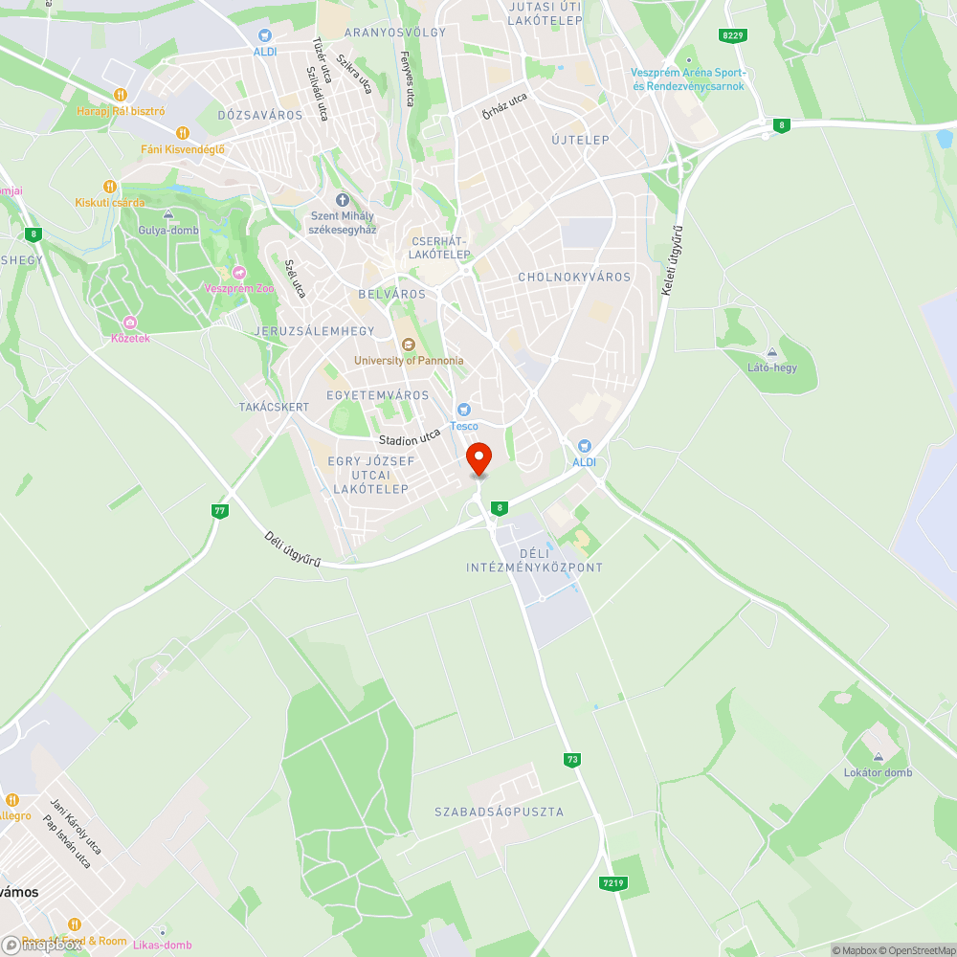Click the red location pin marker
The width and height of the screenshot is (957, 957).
[478, 457]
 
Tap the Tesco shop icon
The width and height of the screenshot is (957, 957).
[464, 410]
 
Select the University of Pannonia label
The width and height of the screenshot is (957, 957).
[409, 361]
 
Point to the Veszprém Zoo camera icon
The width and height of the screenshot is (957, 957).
[239, 273]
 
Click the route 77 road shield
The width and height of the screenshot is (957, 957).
[220, 511]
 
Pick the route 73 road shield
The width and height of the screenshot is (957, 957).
[572, 760]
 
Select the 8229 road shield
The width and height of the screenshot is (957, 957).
[733, 35]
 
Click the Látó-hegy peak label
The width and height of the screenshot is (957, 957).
[771, 367]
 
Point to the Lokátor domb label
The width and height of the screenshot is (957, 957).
[878, 772]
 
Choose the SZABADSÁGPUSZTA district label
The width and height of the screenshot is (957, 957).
[499, 812]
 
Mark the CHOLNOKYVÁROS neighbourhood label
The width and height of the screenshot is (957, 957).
[574, 277]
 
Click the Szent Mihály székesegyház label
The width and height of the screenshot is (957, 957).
[343, 223]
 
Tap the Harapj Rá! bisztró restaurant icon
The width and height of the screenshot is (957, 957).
[121, 94]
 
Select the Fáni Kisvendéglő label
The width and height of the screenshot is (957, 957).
[182, 148]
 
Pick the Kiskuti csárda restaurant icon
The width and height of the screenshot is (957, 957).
[110, 187]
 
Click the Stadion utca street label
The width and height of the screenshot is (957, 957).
[410, 438]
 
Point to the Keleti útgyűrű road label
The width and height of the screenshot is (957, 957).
[674, 259]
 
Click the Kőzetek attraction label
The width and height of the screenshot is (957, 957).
[130, 338]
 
